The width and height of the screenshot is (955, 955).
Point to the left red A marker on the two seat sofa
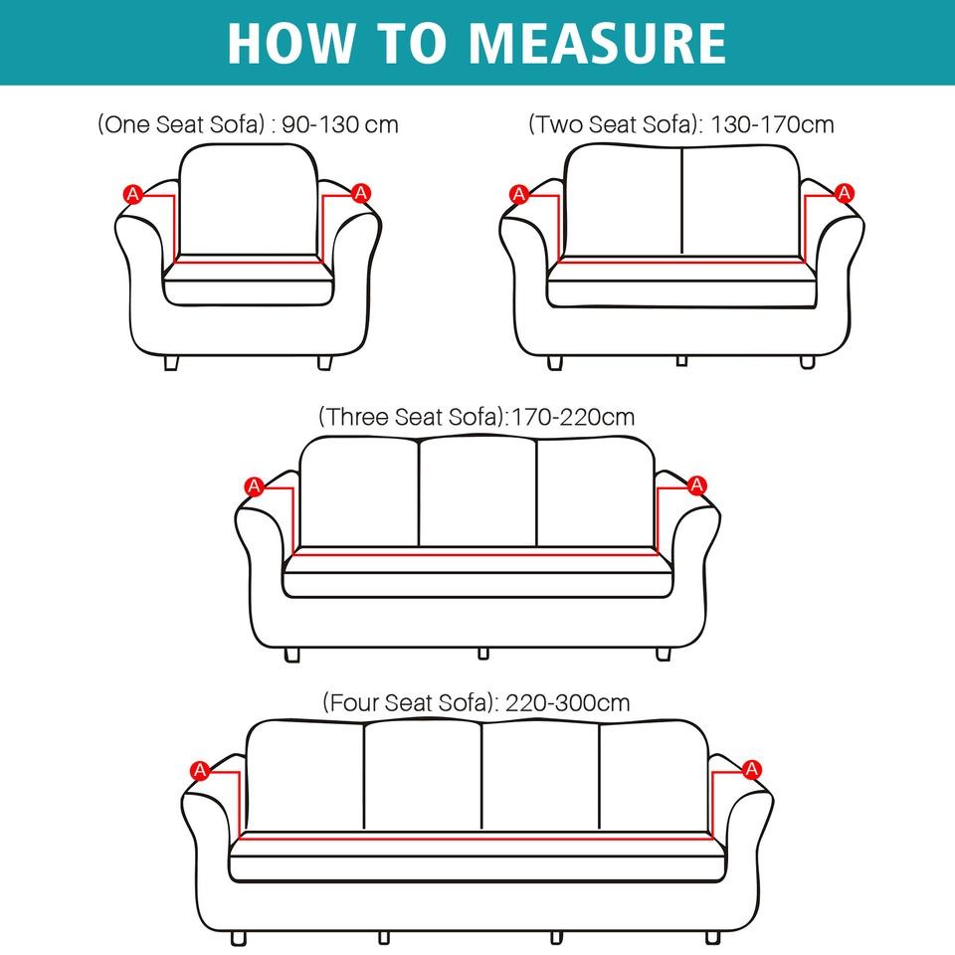click(518, 194)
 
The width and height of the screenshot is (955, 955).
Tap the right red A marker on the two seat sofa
click(845, 193)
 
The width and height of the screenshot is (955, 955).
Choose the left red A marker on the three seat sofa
click(255, 485)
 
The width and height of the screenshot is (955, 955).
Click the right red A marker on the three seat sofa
click(697, 485)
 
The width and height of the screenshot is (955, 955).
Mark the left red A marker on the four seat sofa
click(200, 769)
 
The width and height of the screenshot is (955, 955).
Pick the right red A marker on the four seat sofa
click(752, 769)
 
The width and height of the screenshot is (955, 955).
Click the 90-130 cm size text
click(340, 124)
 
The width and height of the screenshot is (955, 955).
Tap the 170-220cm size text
click(572, 416)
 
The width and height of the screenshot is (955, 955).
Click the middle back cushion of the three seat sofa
click(477, 491)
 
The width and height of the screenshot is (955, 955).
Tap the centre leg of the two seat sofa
click(681, 360)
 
